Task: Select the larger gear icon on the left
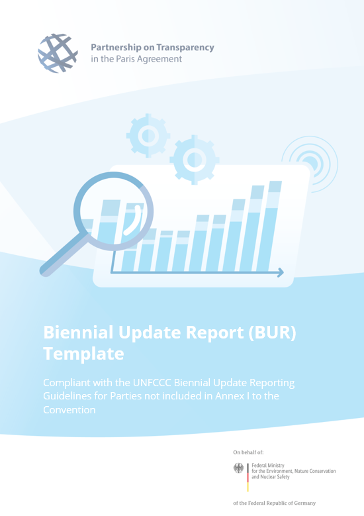[x=148, y=135]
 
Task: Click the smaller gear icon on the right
[x=194, y=158]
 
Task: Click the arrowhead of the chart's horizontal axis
[x=281, y=272]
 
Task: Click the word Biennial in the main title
[x=73, y=333]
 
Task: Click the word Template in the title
[x=83, y=354]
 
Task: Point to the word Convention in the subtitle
[x=69, y=409]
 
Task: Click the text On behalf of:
[x=248, y=452]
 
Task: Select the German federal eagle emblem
[x=239, y=469]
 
